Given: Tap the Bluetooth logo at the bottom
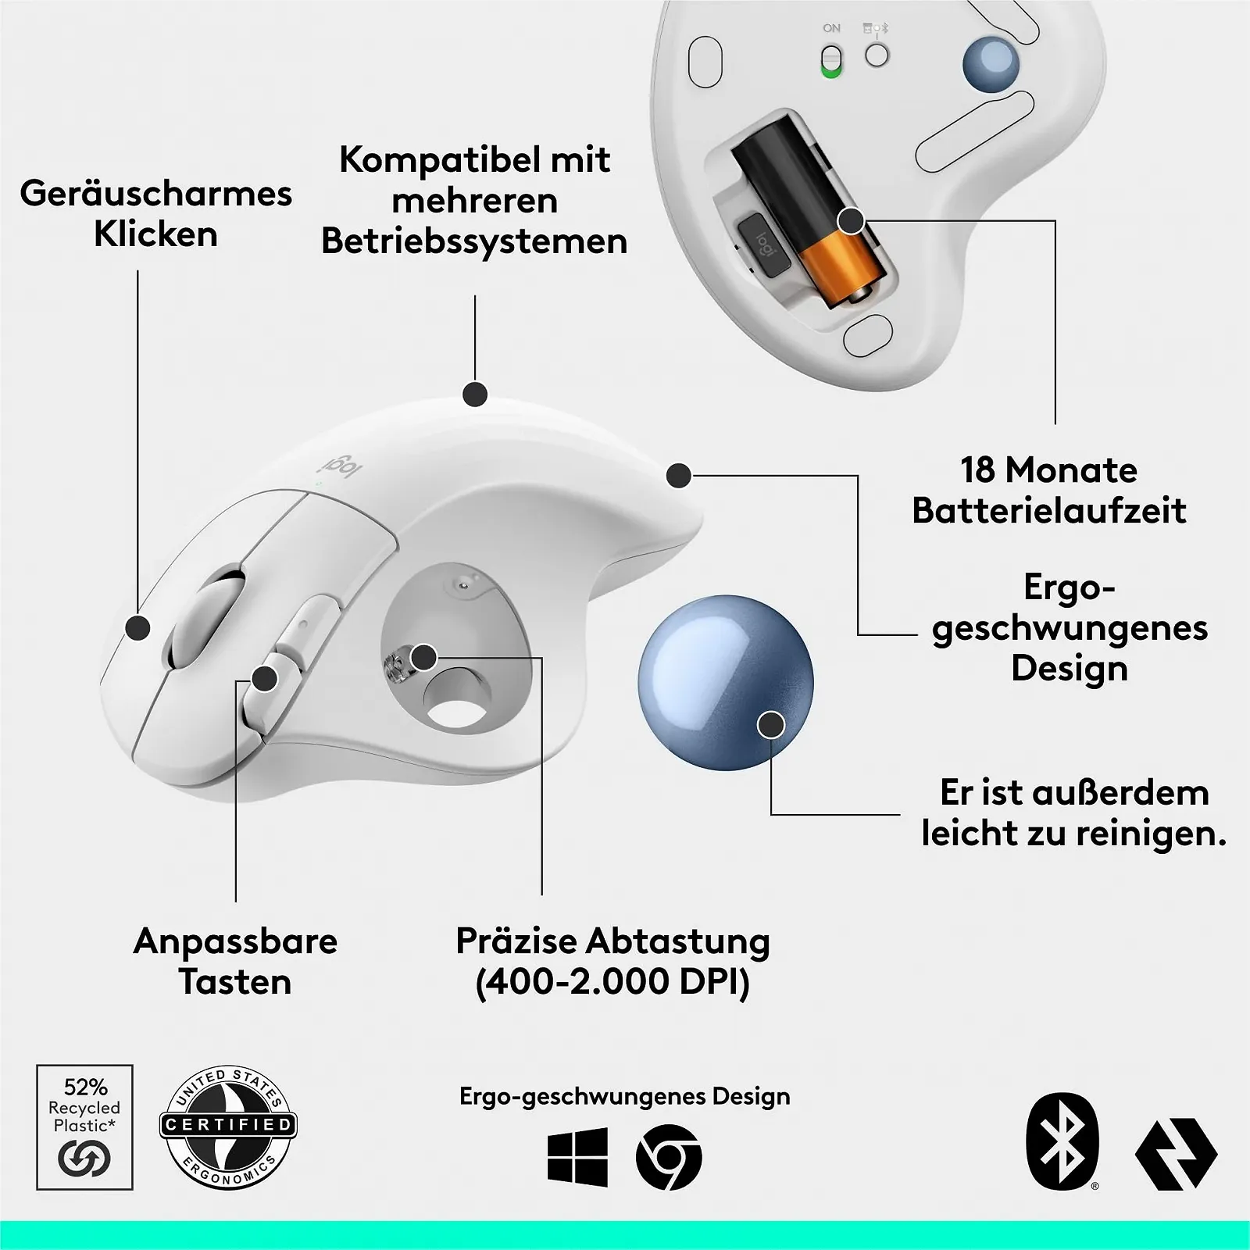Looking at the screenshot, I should click(x=1062, y=1141).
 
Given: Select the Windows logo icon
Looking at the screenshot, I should click(x=578, y=1156).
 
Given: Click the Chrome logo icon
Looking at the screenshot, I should click(x=669, y=1157).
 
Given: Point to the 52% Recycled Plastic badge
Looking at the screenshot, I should click(x=84, y=1127).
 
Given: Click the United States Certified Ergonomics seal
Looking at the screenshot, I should click(x=227, y=1126).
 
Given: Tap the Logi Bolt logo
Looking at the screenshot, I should click(x=1176, y=1154).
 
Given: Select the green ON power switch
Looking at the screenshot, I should click(x=832, y=61).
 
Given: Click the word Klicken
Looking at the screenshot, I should click(x=155, y=234).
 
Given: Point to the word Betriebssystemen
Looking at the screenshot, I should click(x=474, y=241).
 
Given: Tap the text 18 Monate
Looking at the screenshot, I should click(x=1048, y=470).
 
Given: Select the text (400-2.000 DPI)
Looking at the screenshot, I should click(x=612, y=982).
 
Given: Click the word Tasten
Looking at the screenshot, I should click(x=235, y=982).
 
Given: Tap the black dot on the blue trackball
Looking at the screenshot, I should click(x=771, y=725).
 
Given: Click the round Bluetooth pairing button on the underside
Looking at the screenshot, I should click(x=877, y=55).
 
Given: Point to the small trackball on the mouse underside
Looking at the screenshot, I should click(x=990, y=62).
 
